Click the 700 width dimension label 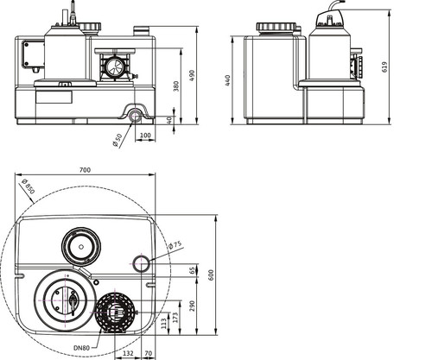point(85,170)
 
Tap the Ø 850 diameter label point(29,186)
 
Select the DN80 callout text point(81,348)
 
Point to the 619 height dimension point(384,67)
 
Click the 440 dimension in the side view point(228,80)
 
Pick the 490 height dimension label point(192,75)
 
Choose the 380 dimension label point(176,86)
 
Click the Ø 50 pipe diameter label point(118,140)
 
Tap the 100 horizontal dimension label point(145,136)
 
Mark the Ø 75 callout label point(175,245)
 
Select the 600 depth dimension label point(211,275)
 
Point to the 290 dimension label point(192,306)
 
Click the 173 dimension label point(175,318)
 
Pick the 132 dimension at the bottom point(128,353)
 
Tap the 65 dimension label point(192,270)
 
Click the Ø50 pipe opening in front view point(135,117)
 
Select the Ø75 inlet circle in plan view point(141,263)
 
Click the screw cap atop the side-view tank point(276,27)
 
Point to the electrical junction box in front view point(33,55)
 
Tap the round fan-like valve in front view point(116,66)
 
